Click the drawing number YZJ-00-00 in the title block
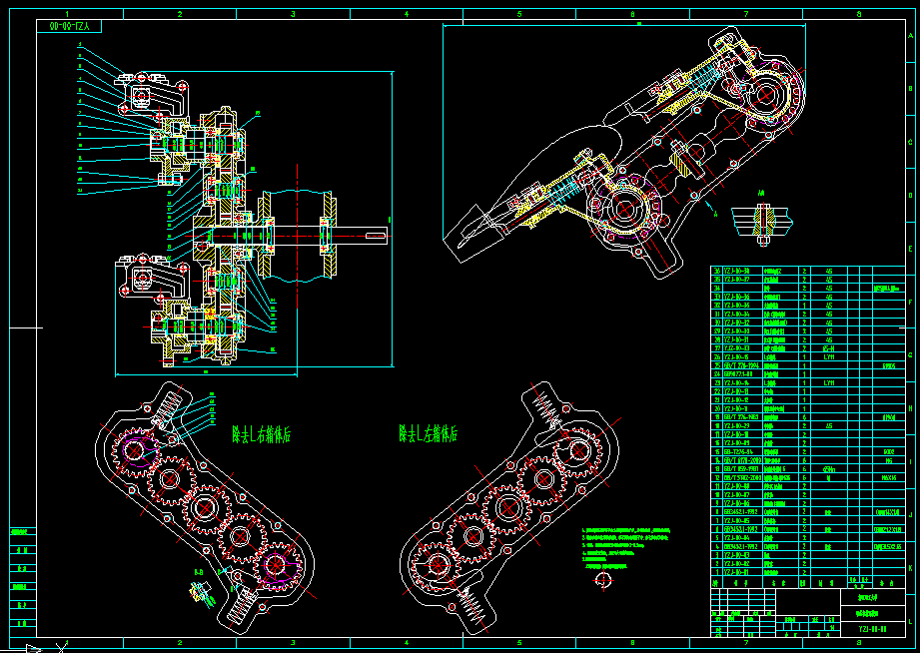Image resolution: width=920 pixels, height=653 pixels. (x=872, y=629)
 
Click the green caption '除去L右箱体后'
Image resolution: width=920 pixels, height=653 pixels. (x=261, y=434)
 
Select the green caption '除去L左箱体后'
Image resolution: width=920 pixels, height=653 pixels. (x=429, y=434)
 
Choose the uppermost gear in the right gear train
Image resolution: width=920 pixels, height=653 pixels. (x=578, y=448)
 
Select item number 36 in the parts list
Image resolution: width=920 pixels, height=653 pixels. (x=716, y=271)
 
